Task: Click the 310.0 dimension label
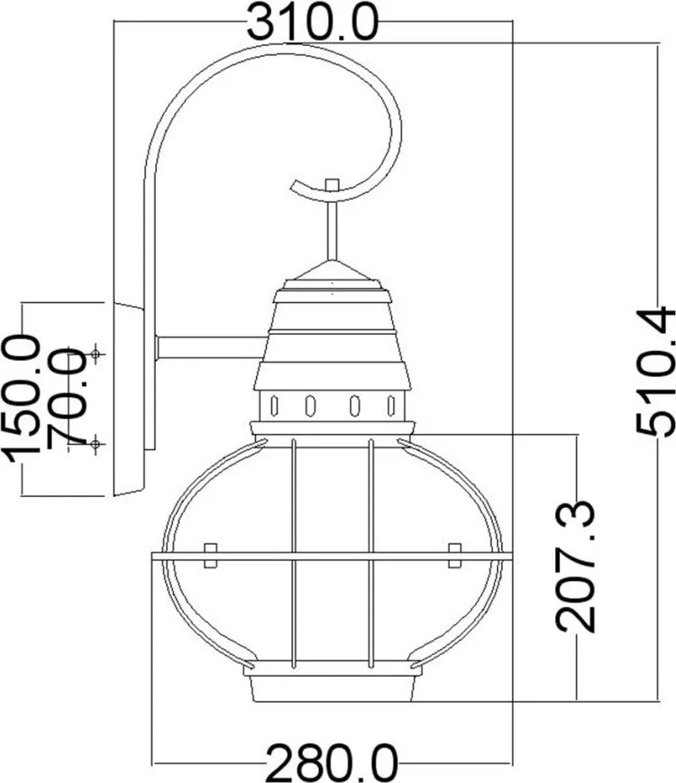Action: pos(312,23)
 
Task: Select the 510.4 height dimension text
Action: pos(655,373)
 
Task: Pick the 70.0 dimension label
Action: pos(67,395)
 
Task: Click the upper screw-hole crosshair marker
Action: pos(96,354)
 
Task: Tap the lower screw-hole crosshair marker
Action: pos(96,444)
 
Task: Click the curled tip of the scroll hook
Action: pos(295,186)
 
